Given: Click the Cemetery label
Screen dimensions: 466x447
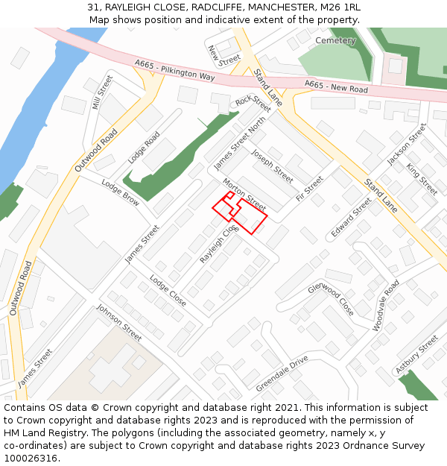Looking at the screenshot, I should (x=335, y=40).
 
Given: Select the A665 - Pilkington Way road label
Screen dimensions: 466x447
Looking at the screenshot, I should (x=174, y=71).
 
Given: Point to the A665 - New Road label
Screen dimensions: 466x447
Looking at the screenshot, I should (x=336, y=87).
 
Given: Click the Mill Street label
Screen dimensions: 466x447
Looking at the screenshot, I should (x=102, y=92).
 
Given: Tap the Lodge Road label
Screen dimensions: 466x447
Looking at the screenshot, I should (x=144, y=148).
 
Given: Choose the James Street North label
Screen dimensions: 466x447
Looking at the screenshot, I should (x=239, y=144).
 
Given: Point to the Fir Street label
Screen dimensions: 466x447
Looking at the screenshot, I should (x=309, y=189).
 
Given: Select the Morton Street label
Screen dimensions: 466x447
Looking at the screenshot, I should (x=244, y=194).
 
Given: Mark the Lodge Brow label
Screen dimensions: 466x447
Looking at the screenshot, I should (x=120, y=193).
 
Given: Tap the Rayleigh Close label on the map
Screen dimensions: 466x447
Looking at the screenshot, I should (x=218, y=244).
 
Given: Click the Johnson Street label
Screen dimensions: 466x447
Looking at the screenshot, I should (x=118, y=323).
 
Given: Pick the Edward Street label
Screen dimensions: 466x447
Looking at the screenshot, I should (x=351, y=218).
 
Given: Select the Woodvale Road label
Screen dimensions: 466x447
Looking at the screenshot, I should (x=386, y=305).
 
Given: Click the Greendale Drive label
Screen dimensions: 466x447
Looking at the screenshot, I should (x=282, y=374).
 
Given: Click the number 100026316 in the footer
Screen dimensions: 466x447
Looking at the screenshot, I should (x=32, y=459).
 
